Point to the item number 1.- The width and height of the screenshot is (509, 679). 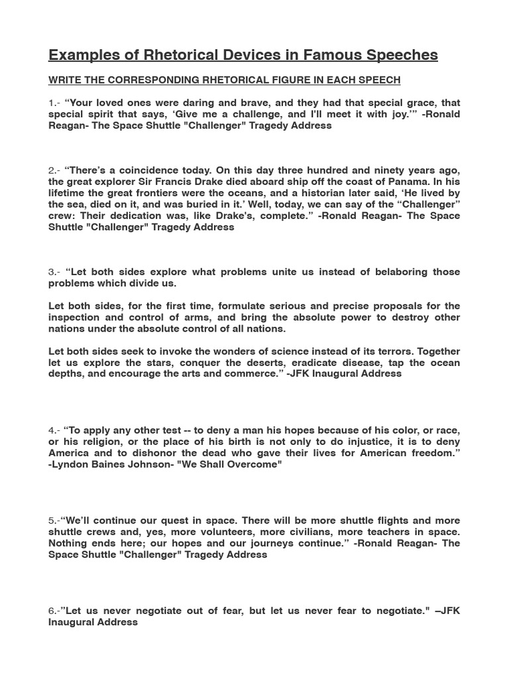pos(54,103)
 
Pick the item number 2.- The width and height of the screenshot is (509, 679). pos(55,170)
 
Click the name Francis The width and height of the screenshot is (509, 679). pos(219,182)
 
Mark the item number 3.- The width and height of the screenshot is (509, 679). pos(55,272)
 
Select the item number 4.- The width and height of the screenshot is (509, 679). pos(55,430)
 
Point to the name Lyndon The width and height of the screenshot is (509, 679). pos(70,464)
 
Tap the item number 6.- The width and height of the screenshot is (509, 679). pos(54,611)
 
